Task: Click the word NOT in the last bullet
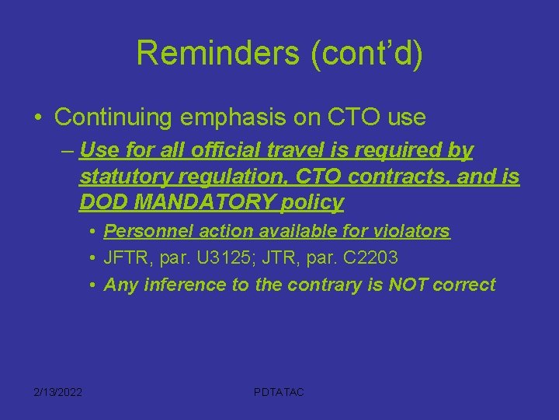tap(396, 285)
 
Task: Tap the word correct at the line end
tap(464, 285)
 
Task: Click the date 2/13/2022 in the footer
tap(57, 392)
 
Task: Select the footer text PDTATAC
tap(279, 392)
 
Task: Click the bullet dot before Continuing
tap(38, 118)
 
